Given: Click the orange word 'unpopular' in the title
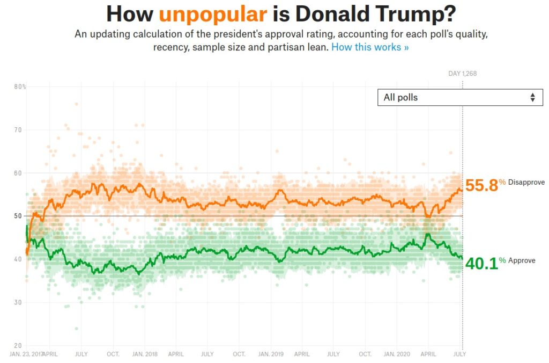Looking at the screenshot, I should pyautogui.click(x=213, y=13).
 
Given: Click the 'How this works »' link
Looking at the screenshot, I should pyautogui.click(x=370, y=47).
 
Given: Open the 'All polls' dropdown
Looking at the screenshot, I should pyautogui.click(x=460, y=97).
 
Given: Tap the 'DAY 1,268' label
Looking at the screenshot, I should pyautogui.click(x=462, y=74).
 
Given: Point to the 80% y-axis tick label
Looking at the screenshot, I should pyautogui.click(x=20, y=86).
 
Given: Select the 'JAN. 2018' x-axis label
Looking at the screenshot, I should pyautogui.click(x=144, y=354).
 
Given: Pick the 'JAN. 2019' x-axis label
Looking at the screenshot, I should pyautogui.click(x=271, y=354).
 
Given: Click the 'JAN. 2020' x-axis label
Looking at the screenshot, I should pyautogui.click(x=397, y=354).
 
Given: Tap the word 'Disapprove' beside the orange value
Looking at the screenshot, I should pyautogui.click(x=526, y=183).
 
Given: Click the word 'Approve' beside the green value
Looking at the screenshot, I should pyautogui.click(x=522, y=260).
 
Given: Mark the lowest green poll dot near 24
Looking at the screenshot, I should pyautogui.click(x=76, y=329).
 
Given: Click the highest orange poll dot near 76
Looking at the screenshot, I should pyautogui.click(x=76, y=104).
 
